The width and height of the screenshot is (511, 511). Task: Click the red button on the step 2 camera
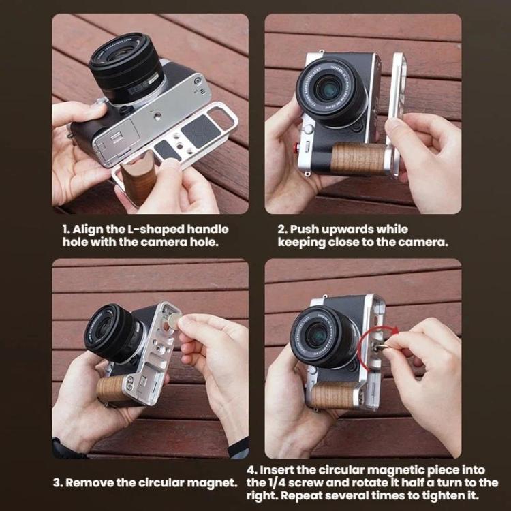click(297, 148)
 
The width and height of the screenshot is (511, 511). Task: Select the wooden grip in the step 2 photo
click(358, 158)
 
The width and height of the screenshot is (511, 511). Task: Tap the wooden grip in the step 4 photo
click(332, 395)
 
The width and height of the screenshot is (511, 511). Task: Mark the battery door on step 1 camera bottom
click(118, 137)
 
